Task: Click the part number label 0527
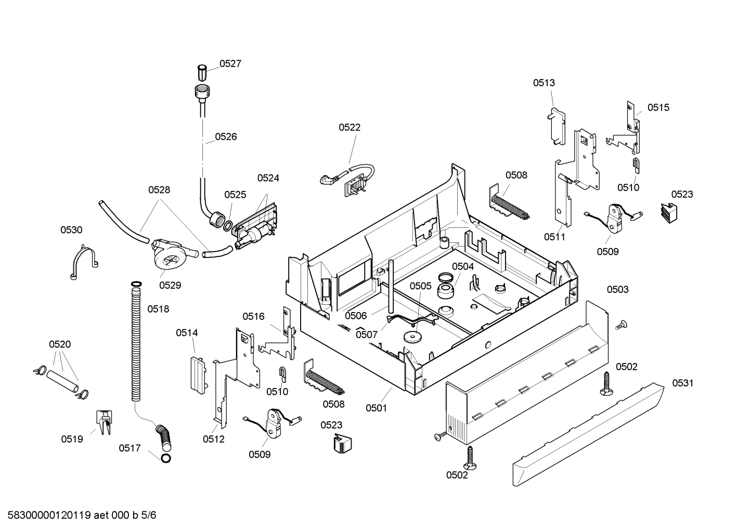click(x=230, y=63)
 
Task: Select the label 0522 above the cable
click(x=350, y=127)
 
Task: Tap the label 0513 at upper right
click(x=544, y=82)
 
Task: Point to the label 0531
click(x=682, y=383)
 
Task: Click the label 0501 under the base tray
click(x=376, y=408)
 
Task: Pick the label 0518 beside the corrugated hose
click(x=158, y=309)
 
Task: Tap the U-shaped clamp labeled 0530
click(x=83, y=260)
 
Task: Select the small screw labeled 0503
click(x=620, y=325)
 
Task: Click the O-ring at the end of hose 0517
click(x=166, y=458)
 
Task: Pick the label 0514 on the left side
click(x=187, y=332)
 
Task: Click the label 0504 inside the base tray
click(x=462, y=266)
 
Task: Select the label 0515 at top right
click(x=658, y=107)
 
